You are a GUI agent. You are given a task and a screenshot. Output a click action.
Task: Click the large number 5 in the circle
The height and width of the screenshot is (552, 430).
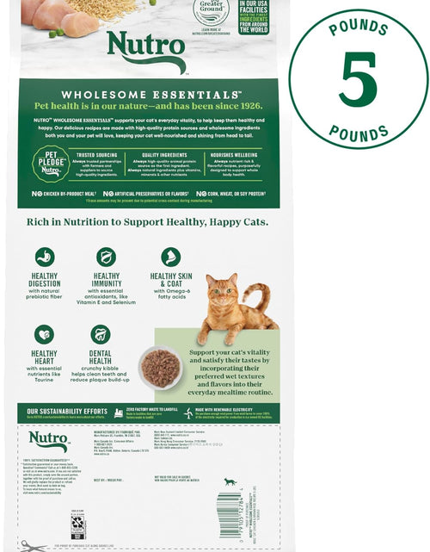pos(358,79)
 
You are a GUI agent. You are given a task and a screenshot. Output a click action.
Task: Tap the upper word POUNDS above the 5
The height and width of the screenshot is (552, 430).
pos(358,28)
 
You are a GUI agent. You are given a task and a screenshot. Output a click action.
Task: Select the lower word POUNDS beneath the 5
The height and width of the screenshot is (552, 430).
pos(358,131)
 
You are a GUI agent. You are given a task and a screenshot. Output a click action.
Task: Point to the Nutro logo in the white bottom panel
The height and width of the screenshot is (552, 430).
pos(48,440)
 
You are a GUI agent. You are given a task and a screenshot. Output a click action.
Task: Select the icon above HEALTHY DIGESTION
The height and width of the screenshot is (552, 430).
pos(44,257)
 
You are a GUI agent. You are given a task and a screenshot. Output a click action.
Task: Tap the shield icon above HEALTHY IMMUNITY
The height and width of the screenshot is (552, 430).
pos(106,257)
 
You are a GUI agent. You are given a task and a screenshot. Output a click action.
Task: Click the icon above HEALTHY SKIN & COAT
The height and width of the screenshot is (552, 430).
pos(170,257)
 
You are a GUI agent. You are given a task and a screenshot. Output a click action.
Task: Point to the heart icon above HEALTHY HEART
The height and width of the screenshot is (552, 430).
pos(44,334)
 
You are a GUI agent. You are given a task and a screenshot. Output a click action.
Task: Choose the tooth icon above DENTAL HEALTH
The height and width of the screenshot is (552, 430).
pos(101,334)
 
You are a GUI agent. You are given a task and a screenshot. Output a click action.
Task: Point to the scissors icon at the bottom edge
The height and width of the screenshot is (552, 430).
pos(34,546)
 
